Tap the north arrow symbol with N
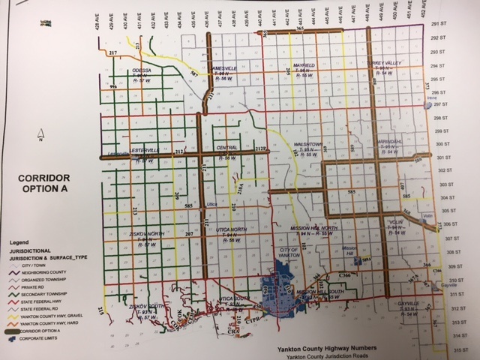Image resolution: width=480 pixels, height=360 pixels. [x=43, y=136]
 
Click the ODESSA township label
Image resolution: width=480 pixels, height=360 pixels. [x=142, y=70]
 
